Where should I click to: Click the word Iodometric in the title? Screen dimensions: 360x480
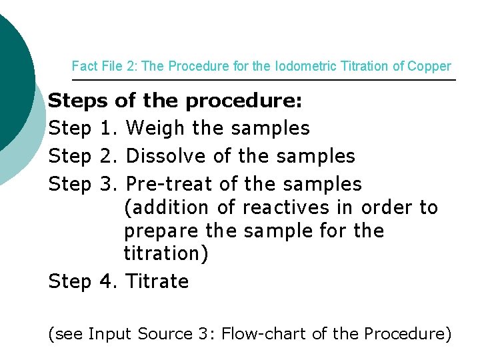pyautogui.click(x=287, y=67)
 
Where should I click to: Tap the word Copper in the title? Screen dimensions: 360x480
pyautogui.click(x=430, y=67)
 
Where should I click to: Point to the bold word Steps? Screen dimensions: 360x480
pyautogui.click(x=77, y=101)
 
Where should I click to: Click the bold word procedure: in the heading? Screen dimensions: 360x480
pyautogui.click(x=244, y=101)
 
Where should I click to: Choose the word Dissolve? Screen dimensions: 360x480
pyautogui.click(x=167, y=156)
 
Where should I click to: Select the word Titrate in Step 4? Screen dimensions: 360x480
pyautogui.click(x=157, y=281)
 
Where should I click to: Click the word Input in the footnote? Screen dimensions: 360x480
pyautogui.click(x=110, y=333)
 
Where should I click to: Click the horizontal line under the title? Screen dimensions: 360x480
pyautogui.click(x=267, y=80)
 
